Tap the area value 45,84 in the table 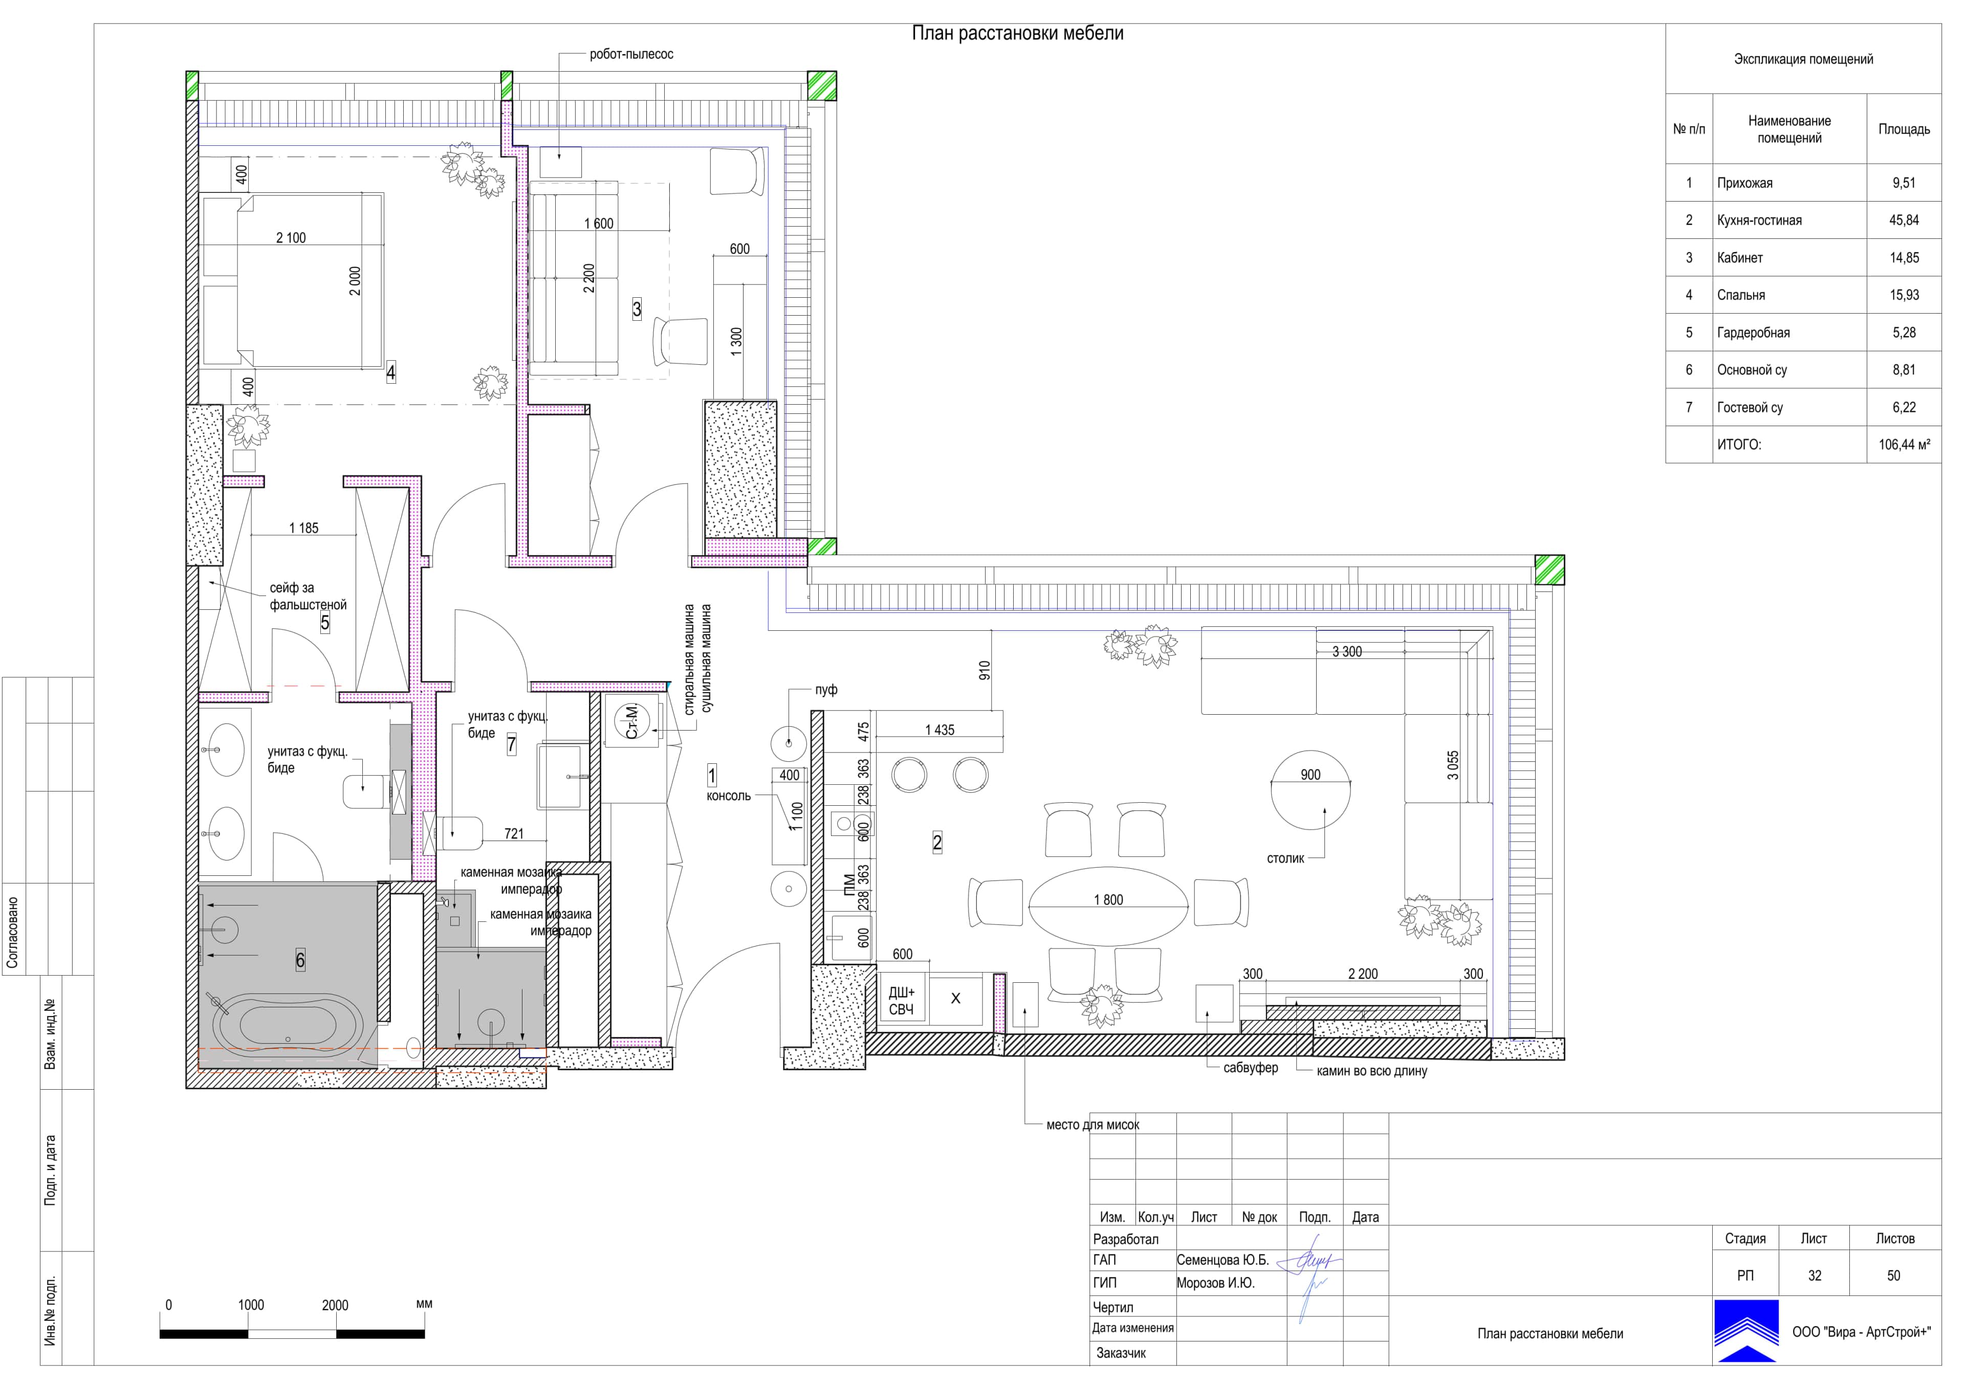(1904, 220)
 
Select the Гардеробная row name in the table (1753, 333)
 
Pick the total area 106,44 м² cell (1904, 445)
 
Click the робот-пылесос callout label (631, 54)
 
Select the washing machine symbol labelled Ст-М (631, 721)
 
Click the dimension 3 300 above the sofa (1346, 652)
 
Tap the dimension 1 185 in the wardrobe (304, 528)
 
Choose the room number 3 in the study (637, 309)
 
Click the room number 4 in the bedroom (391, 372)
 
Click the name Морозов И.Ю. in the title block (1215, 1283)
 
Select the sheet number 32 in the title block (1815, 1275)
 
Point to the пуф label (826, 690)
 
